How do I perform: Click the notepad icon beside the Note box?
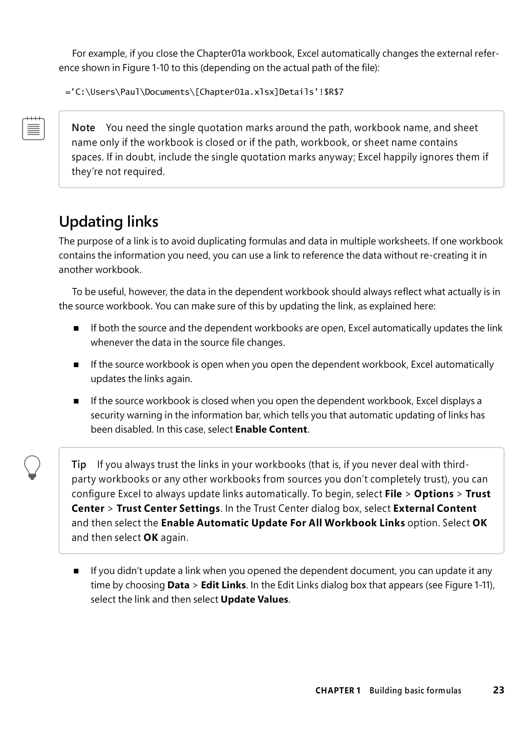33,128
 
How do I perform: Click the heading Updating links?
109,222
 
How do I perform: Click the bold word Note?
83,128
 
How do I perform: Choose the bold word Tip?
79,465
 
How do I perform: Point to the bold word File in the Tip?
393,494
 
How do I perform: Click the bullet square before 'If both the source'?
76,329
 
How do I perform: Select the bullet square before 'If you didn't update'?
76,571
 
